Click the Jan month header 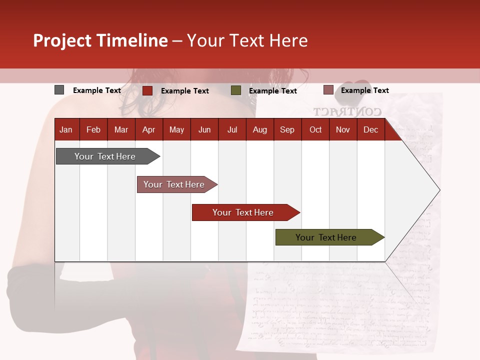click(66, 129)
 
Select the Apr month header click(148, 129)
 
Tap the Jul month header click(232, 129)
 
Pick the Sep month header click(287, 129)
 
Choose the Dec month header click(370, 129)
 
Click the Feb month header click(93, 129)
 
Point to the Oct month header click(315, 129)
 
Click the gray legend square click(59, 90)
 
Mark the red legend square click(147, 90)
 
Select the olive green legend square click(236, 90)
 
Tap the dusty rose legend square click(328, 90)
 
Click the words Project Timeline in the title click(100, 40)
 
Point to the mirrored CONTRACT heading click(347, 111)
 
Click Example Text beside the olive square click(272, 90)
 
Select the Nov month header click(343, 129)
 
